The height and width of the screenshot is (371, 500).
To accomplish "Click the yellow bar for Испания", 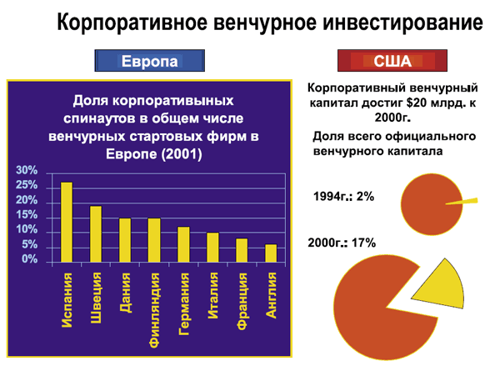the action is tap(67, 223).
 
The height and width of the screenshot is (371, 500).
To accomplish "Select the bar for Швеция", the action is tap(96, 234).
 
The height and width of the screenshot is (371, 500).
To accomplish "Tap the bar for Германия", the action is tap(183, 244).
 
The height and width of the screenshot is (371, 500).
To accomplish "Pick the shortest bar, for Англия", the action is tap(271, 253).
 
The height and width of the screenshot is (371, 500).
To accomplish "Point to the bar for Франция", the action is tap(242, 250).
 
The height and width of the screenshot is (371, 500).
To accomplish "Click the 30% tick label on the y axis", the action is tap(27, 170).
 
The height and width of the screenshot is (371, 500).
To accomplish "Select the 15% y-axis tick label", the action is tap(27, 215).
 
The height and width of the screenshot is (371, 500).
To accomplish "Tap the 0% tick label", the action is tap(30, 258).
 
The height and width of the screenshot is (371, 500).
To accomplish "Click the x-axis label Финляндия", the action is tap(154, 310).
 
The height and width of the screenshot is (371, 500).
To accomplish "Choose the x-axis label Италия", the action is tap(212, 295).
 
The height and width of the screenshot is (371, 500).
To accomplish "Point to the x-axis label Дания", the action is tap(125, 292).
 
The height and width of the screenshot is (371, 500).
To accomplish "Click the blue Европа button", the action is tap(149, 61).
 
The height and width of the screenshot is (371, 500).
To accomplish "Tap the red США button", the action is tap(392, 61).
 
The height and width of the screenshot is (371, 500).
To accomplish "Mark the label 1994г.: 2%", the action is tap(343, 197).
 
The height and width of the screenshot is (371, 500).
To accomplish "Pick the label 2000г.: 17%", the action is tap(342, 243).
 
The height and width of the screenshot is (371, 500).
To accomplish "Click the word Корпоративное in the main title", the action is tap(132, 23).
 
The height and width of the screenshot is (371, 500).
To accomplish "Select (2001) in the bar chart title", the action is tap(182, 154).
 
